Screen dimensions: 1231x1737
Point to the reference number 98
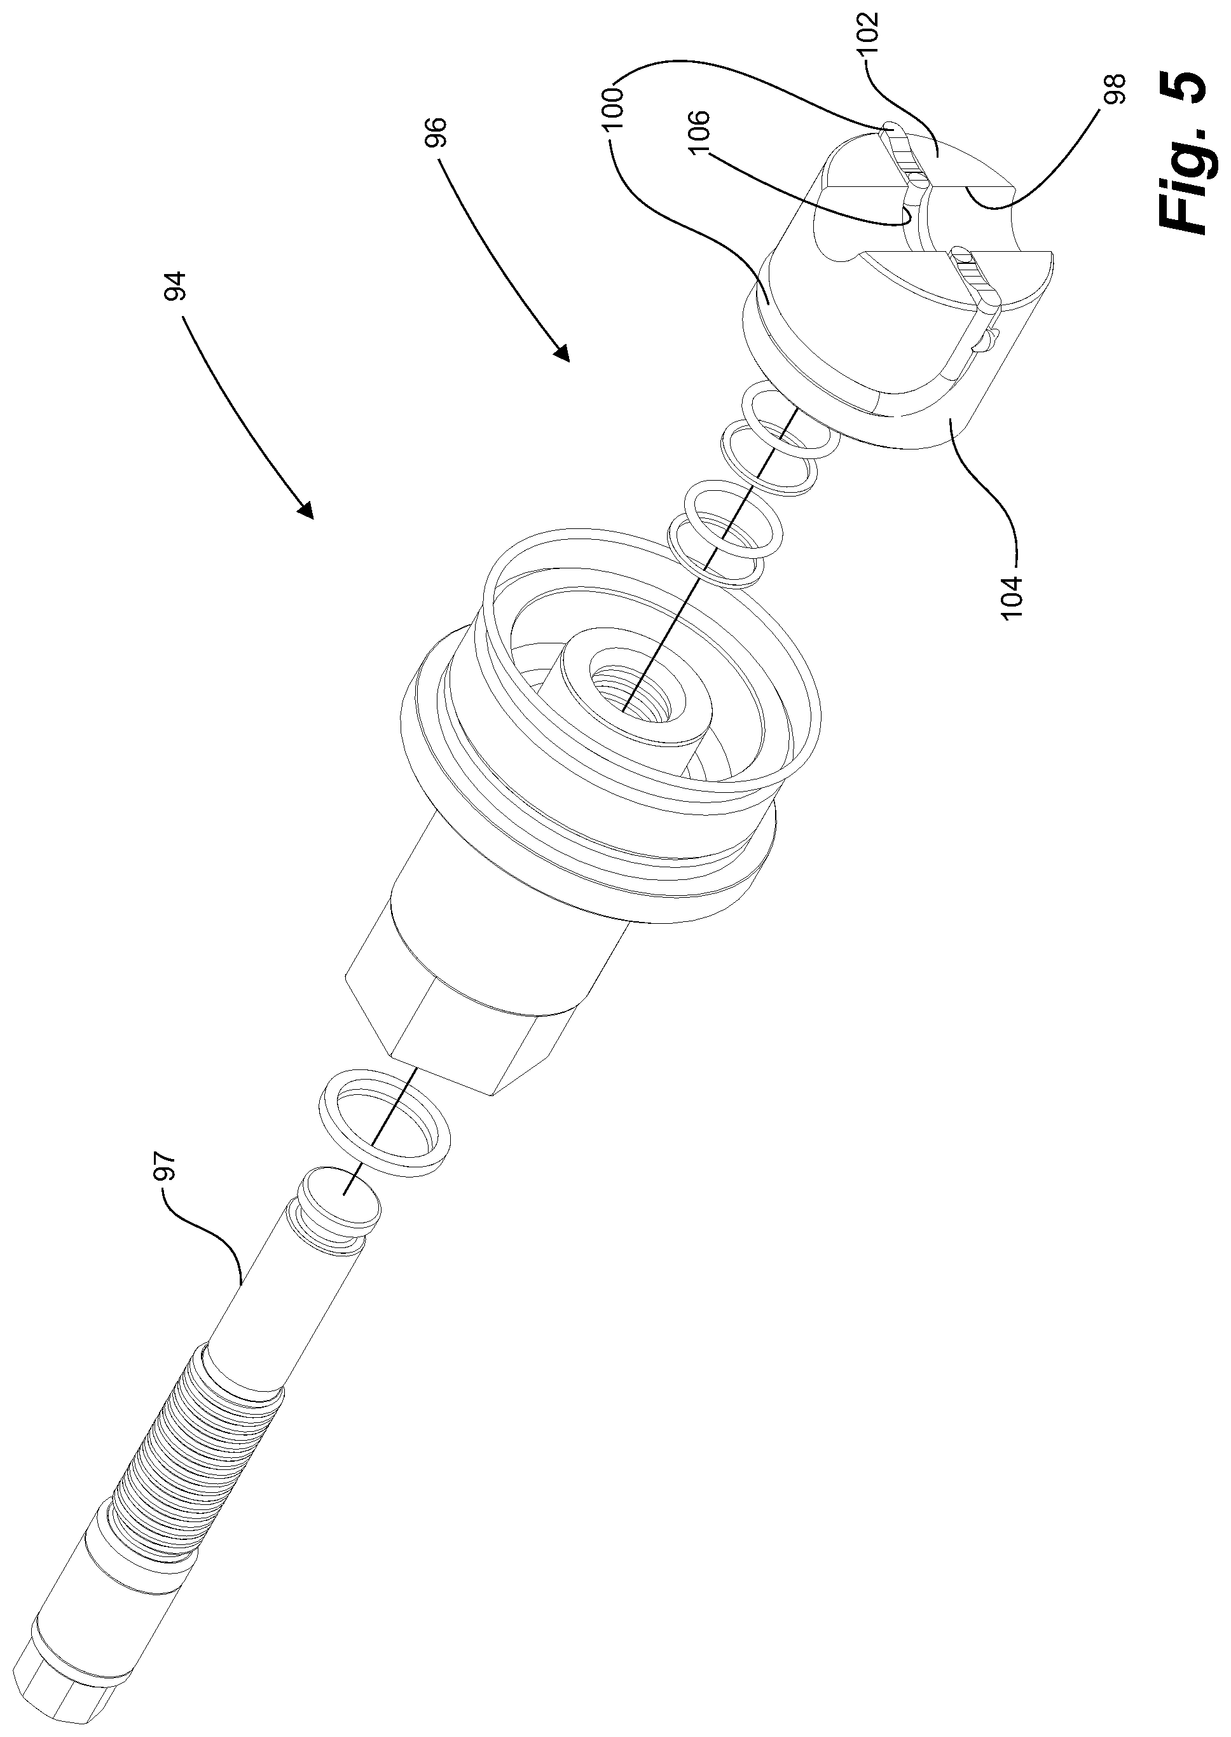tap(1117, 88)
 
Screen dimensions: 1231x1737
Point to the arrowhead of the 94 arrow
tap(305, 512)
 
